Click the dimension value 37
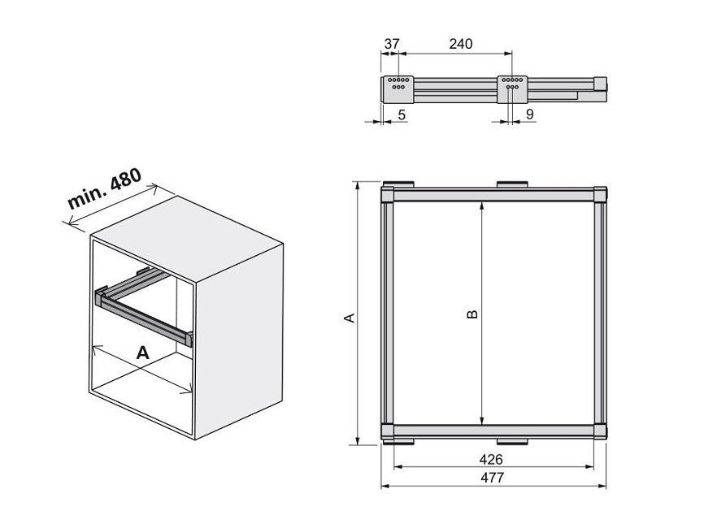392,44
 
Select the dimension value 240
461,44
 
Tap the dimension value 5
402,115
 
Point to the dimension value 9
530,115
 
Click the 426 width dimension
491,460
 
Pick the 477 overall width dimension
492,478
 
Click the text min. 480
104,188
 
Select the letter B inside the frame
472,314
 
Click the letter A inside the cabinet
143,353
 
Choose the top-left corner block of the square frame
388,196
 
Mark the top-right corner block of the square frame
600,196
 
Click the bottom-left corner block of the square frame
388,431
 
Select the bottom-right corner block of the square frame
600,431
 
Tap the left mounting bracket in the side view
398,89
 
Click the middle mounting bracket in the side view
512,89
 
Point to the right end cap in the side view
600,84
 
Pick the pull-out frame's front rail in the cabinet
144,318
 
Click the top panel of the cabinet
186,239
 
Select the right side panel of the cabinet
239,341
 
